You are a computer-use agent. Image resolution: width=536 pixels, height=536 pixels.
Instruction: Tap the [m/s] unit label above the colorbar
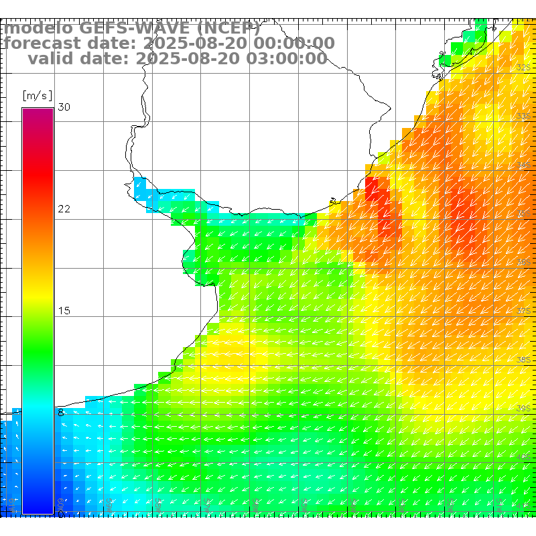tap(37, 96)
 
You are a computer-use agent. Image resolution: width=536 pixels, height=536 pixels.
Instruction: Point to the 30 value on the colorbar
tap(64, 107)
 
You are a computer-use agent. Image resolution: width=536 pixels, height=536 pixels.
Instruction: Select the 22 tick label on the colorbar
tap(64, 209)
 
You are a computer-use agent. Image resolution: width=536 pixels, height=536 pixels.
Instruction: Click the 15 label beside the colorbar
tap(64, 311)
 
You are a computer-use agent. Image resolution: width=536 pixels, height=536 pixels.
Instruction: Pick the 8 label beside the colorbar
tap(61, 413)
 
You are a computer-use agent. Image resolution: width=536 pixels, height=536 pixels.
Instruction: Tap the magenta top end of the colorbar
tap(37, 113)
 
